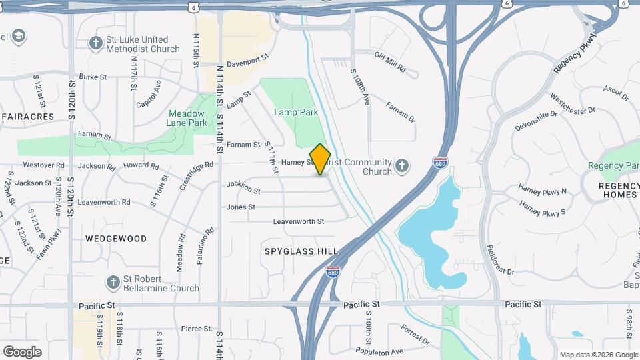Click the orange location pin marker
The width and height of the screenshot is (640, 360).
coord(321,159)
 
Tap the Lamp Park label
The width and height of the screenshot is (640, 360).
coord(296,113)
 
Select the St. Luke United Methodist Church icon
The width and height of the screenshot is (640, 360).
coord(96,43)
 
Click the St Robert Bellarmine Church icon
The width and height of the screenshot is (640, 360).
coord(113,283)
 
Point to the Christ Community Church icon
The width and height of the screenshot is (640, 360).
coord(402,166)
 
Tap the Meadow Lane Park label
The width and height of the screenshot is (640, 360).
coord(186,118)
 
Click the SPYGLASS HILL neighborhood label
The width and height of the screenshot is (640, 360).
coord(301,251)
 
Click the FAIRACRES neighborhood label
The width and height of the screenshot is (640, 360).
coord(27,117)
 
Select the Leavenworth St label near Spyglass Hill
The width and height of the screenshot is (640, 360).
coord(298,221)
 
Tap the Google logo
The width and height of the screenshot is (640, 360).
coord(22,351)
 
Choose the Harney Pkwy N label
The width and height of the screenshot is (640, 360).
coord(542,191)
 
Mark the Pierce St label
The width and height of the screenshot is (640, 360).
coord(196,329)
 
